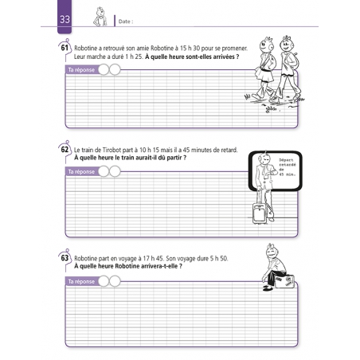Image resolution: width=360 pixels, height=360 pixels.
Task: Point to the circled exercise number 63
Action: point(64,259)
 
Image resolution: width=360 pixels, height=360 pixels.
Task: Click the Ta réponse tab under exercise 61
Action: point(80,70)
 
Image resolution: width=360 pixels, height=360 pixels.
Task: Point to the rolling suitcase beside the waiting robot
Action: point(260,213)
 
